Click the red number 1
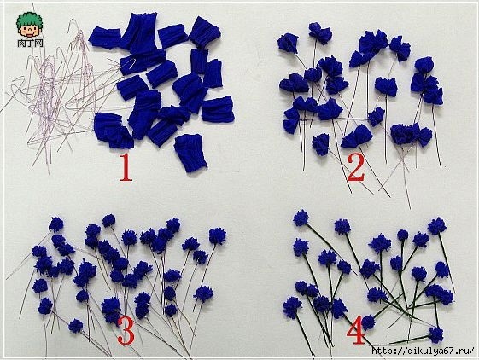click(126, 167)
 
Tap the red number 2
click(356, 167)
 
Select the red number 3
click(126, 330)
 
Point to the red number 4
click(356, 330)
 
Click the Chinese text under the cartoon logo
click(30, 43)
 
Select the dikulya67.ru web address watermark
click(424, 351)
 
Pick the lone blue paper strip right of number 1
click(190, 153)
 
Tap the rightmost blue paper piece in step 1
click(218, 109)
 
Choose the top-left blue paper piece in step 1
click(105, 38)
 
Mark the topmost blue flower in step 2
click(320, 32)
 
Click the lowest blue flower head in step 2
click(320, 144)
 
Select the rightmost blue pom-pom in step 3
click(218, 236)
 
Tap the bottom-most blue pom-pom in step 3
click(75, 326)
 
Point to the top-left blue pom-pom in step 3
click(56, 224)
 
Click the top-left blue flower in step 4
click(301, 218)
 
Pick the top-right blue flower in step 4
click(437, 226)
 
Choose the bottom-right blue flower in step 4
click(436, 334)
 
